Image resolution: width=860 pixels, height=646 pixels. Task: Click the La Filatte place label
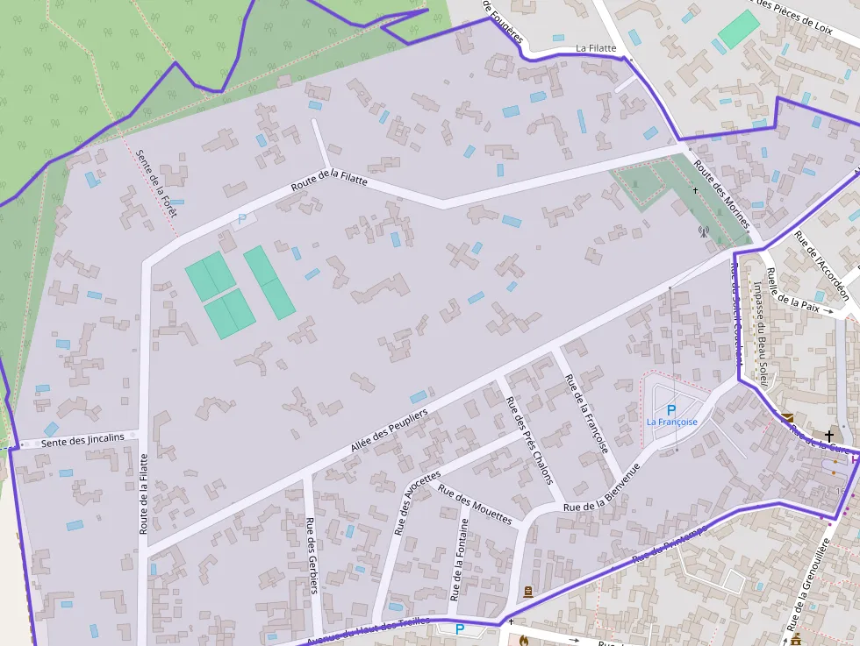[x=596, y=48]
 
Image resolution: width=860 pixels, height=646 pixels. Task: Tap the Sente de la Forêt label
[x=156, y=183]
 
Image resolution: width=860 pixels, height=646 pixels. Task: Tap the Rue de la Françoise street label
[x=586, y=413]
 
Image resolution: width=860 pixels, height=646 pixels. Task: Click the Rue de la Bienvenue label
[x=601, y=488]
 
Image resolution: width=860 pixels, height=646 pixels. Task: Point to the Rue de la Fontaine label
[x=460, y=559]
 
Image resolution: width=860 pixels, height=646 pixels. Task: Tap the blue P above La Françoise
[x=671, y=410]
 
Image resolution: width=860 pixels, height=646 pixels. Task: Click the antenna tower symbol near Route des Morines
[x=702, y=231]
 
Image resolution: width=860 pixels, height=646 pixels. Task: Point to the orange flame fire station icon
[x=524, y=640]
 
